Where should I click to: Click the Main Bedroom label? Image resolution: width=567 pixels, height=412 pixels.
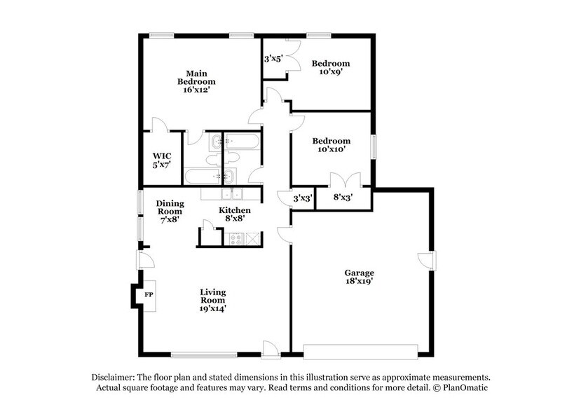(x=196, y=78)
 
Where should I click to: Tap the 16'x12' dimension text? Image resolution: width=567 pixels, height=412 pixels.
(x=196, y=90)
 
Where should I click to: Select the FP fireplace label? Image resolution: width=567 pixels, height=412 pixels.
(x=149, y=294)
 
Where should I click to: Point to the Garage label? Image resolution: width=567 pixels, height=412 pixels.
(x=359, y=273)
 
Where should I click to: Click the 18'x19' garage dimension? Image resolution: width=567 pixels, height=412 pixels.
(x=359, y=281)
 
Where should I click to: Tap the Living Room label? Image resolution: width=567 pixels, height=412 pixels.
(x=213, y=296)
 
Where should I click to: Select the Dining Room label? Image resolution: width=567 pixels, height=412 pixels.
(x=170, y=207)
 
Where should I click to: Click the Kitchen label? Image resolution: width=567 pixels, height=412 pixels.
(x=235, y=210)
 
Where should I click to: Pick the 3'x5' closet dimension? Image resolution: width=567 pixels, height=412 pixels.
(x=273, y=59)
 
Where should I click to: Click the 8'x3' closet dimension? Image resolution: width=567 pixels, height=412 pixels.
(x=343, y=198)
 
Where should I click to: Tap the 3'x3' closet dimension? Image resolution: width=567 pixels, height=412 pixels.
(x=303, y=198)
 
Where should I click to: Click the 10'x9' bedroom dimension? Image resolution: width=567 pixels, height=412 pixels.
(x=331, y=71)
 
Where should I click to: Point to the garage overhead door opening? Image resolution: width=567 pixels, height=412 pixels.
(x=360, y=352)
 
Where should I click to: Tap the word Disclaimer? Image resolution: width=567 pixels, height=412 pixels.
(x=113, y=378)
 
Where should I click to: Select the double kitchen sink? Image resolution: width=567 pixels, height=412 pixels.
(x=232, y=194)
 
